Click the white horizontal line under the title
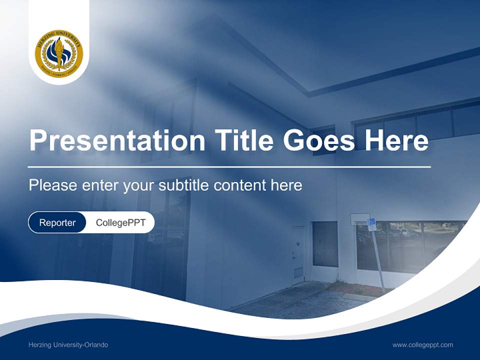[229, 166]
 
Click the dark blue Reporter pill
[57, 222]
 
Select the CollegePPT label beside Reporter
[120, 222]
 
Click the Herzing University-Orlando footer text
[68, 345]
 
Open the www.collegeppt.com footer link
[422, 345]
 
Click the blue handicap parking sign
[371, 224]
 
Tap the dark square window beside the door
[325, 244]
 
